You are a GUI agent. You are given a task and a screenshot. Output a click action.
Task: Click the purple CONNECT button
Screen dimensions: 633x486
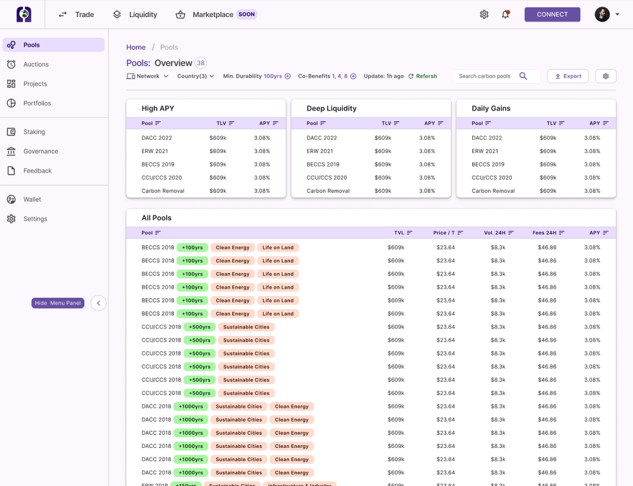click(x=552, y=15)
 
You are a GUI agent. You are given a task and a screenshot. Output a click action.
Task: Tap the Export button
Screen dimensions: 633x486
click(x=567, y=76)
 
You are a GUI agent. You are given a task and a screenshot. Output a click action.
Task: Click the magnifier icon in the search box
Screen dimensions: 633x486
click(x=523, y=76)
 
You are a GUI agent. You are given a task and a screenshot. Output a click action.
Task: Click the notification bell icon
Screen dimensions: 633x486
click(x=505, y=15)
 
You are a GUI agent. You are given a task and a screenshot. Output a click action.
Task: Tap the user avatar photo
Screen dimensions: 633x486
click(x=602, y=15)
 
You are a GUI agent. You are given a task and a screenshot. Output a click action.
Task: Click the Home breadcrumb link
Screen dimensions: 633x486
click(x=135, y=48)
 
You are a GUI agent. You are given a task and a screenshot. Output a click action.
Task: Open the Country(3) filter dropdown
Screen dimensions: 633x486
click(x=195, y=76)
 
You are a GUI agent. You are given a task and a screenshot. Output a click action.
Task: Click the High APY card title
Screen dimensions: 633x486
click(x=158, y=109)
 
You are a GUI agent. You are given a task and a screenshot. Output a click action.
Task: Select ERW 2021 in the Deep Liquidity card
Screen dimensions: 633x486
click(x=320, y=151)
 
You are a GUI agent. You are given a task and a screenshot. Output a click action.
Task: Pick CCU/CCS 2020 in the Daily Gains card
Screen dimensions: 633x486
click(x=492, y=177)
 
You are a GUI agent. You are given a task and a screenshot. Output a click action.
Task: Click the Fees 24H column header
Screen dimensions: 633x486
click(x=548, y=233)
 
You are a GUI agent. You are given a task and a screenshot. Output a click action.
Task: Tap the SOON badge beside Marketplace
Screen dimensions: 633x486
click(x=247, y=15)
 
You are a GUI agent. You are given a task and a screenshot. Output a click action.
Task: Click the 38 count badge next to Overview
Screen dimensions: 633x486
click(x=200, y=63)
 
